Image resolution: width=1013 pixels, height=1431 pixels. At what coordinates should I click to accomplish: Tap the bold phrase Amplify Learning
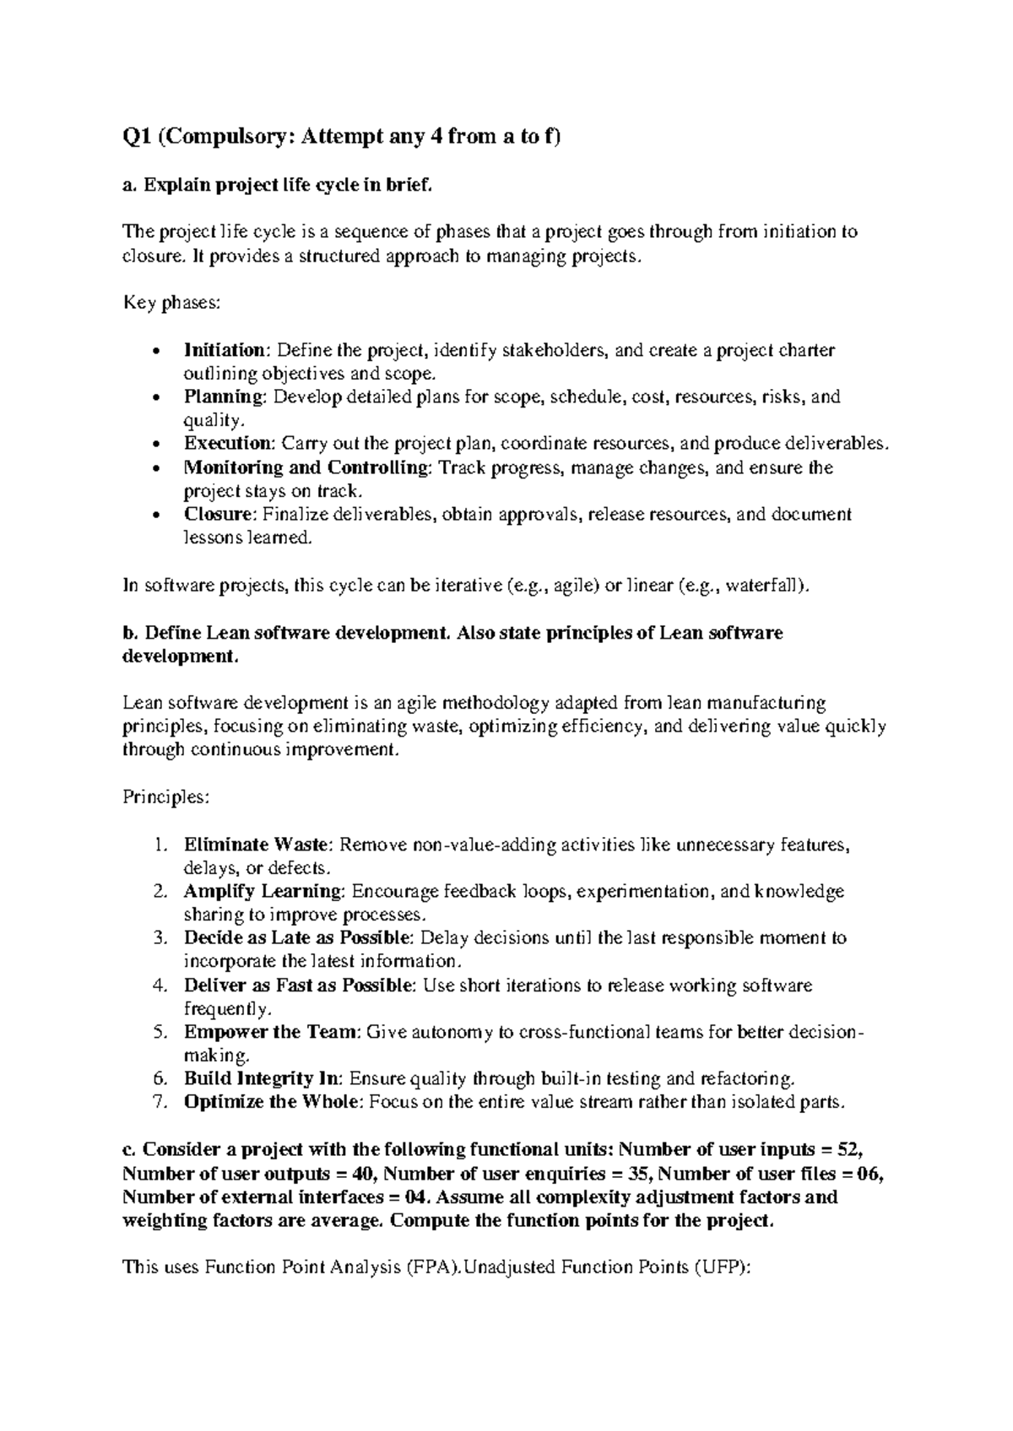click(263, 892)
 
